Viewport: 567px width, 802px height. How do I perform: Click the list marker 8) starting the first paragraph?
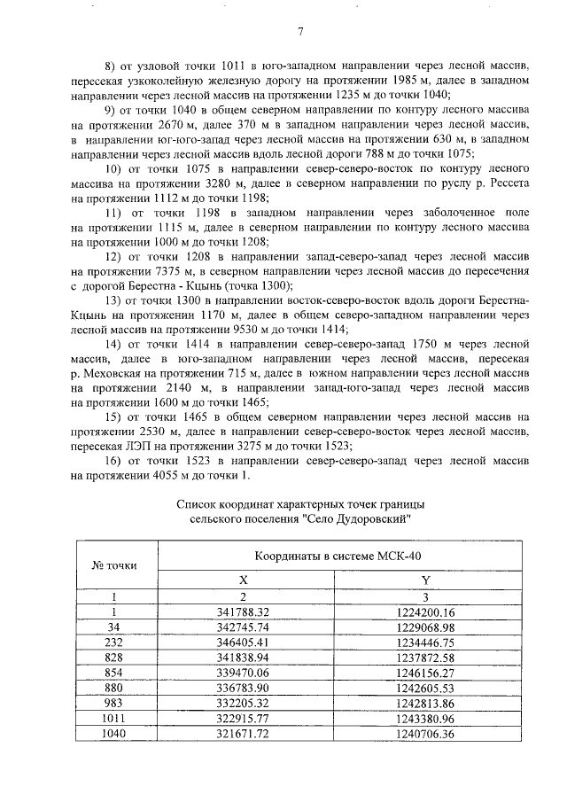[113, 66]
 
